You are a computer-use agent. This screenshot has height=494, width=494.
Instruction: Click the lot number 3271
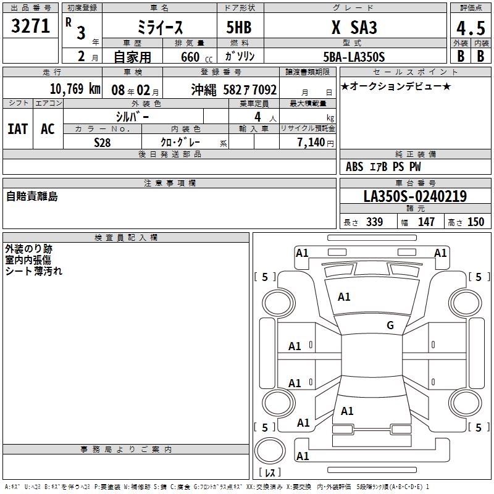[30, 26]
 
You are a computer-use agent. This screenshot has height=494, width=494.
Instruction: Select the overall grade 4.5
[471, 28]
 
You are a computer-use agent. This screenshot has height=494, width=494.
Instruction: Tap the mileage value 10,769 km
[75, 89]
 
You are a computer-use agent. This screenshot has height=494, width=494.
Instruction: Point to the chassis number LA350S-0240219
[415, 196]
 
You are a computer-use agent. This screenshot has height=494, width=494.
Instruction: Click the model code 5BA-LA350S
[354, 57]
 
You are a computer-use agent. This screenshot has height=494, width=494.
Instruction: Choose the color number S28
[103, 143]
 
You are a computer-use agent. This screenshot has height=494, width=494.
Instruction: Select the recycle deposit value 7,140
[311, 142]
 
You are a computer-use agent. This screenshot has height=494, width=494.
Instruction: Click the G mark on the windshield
[390, 325]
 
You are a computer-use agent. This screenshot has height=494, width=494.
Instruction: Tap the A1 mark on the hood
[344, 296]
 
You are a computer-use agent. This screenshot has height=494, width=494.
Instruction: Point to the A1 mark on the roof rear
[347, 411]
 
